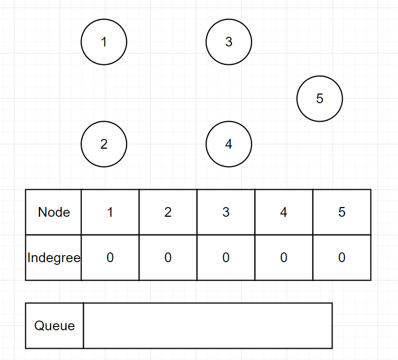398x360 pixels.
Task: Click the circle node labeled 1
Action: point(104,42)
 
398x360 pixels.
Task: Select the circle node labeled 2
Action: point(104,144)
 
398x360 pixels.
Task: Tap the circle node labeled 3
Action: point(229,42)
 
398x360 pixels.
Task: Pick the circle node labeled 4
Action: point(229,144)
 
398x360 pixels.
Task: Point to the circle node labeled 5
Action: point(320,99)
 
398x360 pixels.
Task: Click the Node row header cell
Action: point(54,212)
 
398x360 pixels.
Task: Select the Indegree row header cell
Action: point(54,258)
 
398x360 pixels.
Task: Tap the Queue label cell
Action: point(54,326)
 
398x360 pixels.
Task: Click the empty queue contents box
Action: point(208,326)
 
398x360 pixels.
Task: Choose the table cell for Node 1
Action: point(110,212)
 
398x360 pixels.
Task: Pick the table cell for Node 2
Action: point(168,212)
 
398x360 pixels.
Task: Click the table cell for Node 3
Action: point(226,212)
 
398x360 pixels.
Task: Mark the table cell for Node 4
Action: point(284,212)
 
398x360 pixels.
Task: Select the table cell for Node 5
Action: point(342,212)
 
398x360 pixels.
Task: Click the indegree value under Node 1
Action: point(110,258)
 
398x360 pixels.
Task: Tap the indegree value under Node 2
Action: point(168,258)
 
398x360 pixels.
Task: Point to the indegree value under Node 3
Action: point(226,258)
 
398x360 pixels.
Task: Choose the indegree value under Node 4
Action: point(284,258)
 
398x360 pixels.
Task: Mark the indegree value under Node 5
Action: point(342,258)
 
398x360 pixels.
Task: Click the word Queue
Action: point(54,326)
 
